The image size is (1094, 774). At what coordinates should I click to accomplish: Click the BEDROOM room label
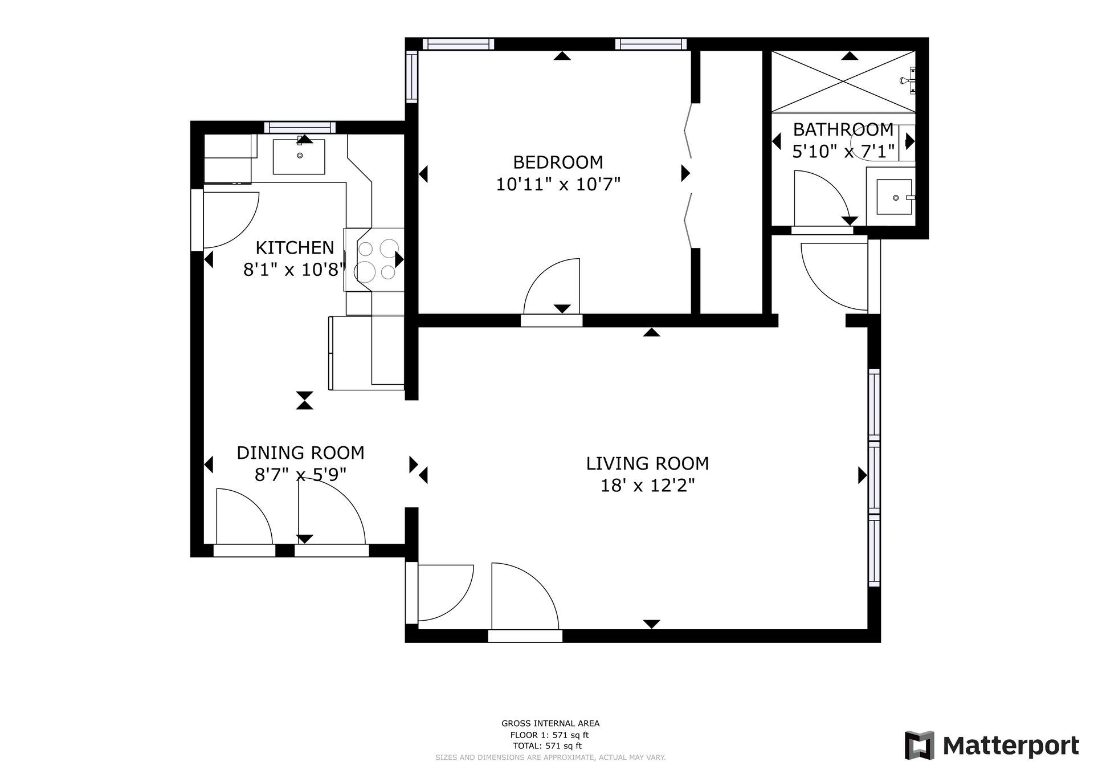[x=558, y=162]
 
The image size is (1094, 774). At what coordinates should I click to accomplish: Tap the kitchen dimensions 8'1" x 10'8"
[x=295, y=269]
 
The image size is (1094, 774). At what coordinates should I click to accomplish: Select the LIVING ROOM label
[x=647, y=463]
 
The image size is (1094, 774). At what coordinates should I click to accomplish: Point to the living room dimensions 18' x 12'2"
[x=647, y=486]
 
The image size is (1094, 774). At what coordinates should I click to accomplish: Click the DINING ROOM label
[x=300, y=453]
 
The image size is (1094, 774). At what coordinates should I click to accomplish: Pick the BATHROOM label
[x=843, y=130]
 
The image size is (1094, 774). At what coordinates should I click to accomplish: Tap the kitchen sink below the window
[x=299, y=156]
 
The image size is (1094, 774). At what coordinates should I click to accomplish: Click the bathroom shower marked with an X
[x=843, y=82]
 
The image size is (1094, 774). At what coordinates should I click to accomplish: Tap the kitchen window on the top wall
[x=300, y=127]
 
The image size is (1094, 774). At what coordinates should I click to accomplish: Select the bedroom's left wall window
[x=411, y=77]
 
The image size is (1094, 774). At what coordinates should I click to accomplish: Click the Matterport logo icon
[x=920, y=745]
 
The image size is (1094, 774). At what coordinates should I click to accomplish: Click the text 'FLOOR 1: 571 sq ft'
[x=549, y=735]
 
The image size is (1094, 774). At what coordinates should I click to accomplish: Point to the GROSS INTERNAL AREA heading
[x=550, y=724]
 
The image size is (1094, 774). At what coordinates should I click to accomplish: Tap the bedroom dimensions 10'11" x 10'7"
[x=558, y=185]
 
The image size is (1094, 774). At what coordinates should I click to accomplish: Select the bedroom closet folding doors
[x=688, y=175]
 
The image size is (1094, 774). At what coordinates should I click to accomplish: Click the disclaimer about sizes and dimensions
[x=550, y=757]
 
